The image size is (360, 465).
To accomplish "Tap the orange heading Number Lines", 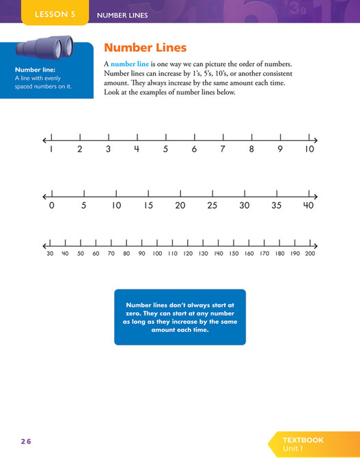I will pyautogui.click(x=143, y=48).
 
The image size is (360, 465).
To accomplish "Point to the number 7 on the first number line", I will pyautogui.click(x=223, y=149).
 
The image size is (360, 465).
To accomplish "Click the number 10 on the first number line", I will pyautogui.click(x=309, y=149).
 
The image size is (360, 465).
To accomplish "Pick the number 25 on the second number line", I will pyautogui.click(x=212, y=206).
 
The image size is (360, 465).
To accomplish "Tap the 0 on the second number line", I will pyautogui.click(x=51, y=206).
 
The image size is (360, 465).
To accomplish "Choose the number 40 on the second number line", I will pyautogui.click(x=308, y=206).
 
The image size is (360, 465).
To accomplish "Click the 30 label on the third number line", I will pyautogui.click(x=50, y=254).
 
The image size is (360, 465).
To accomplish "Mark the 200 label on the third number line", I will pyautogui.click(x=309, y=254).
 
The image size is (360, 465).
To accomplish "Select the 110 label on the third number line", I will pyautogui.click(x=172, y=254).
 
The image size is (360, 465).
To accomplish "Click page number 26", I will pyautogui.click(x=26, y=441).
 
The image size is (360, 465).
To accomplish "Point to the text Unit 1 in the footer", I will pyautogui.click(x=294, y=449).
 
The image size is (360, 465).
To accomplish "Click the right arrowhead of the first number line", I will pyautogui.click(x=316, y=139).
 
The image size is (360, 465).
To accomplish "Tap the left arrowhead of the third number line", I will pyautogui.click(x=44, y=244).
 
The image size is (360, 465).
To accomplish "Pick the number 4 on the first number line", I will pyautogui.click(x=137, y=149).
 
